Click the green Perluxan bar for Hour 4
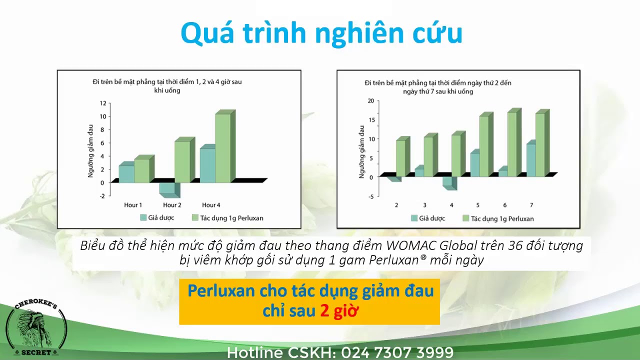tap(225, 146)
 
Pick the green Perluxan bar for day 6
tap(514, 142)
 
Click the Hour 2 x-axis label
tap(172, 205)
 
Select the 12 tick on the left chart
tap(103, 103)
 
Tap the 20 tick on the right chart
tap(370, 100)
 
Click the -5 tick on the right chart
tap(371, 196)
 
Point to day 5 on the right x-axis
tap(477, 205)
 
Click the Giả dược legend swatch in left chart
tap(143, 217)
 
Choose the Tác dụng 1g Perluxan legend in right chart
tap(498, 218)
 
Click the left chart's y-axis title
tap(90, 151)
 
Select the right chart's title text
tap(438, 87)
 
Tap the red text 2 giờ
tap(339, 311)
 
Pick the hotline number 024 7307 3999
tap(397, 352)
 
